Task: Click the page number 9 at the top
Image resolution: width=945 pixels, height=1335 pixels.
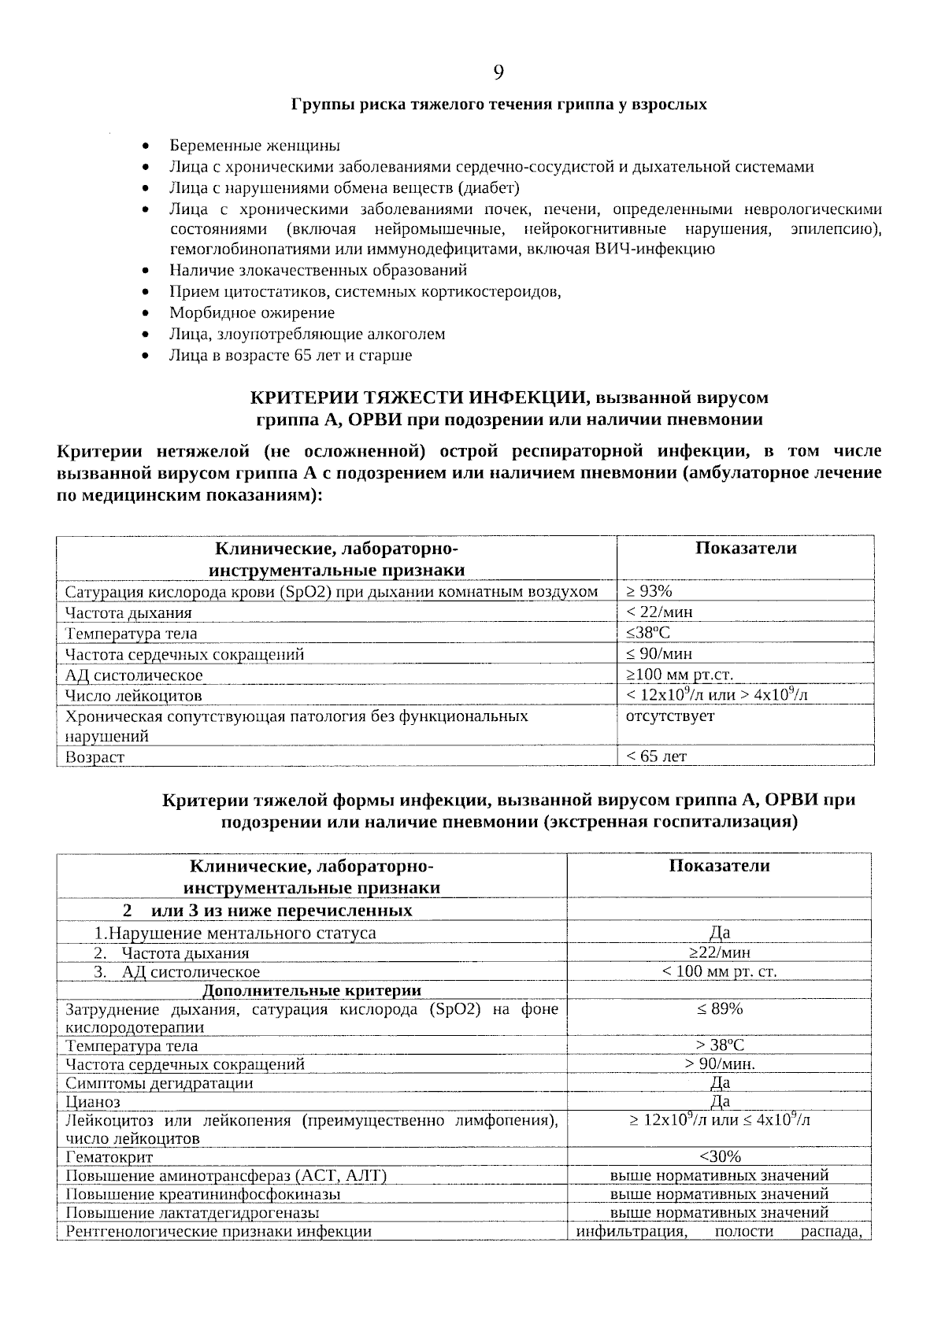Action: [498, 73]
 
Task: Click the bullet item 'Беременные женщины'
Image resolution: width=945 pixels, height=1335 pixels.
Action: [254, 146]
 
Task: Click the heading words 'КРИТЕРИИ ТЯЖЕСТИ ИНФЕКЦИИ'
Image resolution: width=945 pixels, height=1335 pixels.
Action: [416, 398]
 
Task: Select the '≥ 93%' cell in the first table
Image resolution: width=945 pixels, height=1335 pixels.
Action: [649, 591]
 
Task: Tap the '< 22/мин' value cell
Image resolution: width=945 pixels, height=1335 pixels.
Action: [659, 612]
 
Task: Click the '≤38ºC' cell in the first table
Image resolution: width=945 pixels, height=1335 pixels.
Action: [648, 633]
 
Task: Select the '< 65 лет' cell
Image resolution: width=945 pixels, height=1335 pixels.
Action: [656, 756]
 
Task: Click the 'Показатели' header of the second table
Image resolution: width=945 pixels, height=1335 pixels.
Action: [719, 866]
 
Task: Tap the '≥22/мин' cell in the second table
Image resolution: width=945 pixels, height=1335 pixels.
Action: [719, 952]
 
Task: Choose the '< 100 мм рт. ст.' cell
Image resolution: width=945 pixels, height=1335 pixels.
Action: [719, 971]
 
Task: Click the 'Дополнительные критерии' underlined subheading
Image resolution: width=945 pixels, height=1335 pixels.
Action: [312, 990]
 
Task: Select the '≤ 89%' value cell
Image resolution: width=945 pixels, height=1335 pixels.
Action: [719, 1009]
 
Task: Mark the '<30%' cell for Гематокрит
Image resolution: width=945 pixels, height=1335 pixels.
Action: [719, 1156]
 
